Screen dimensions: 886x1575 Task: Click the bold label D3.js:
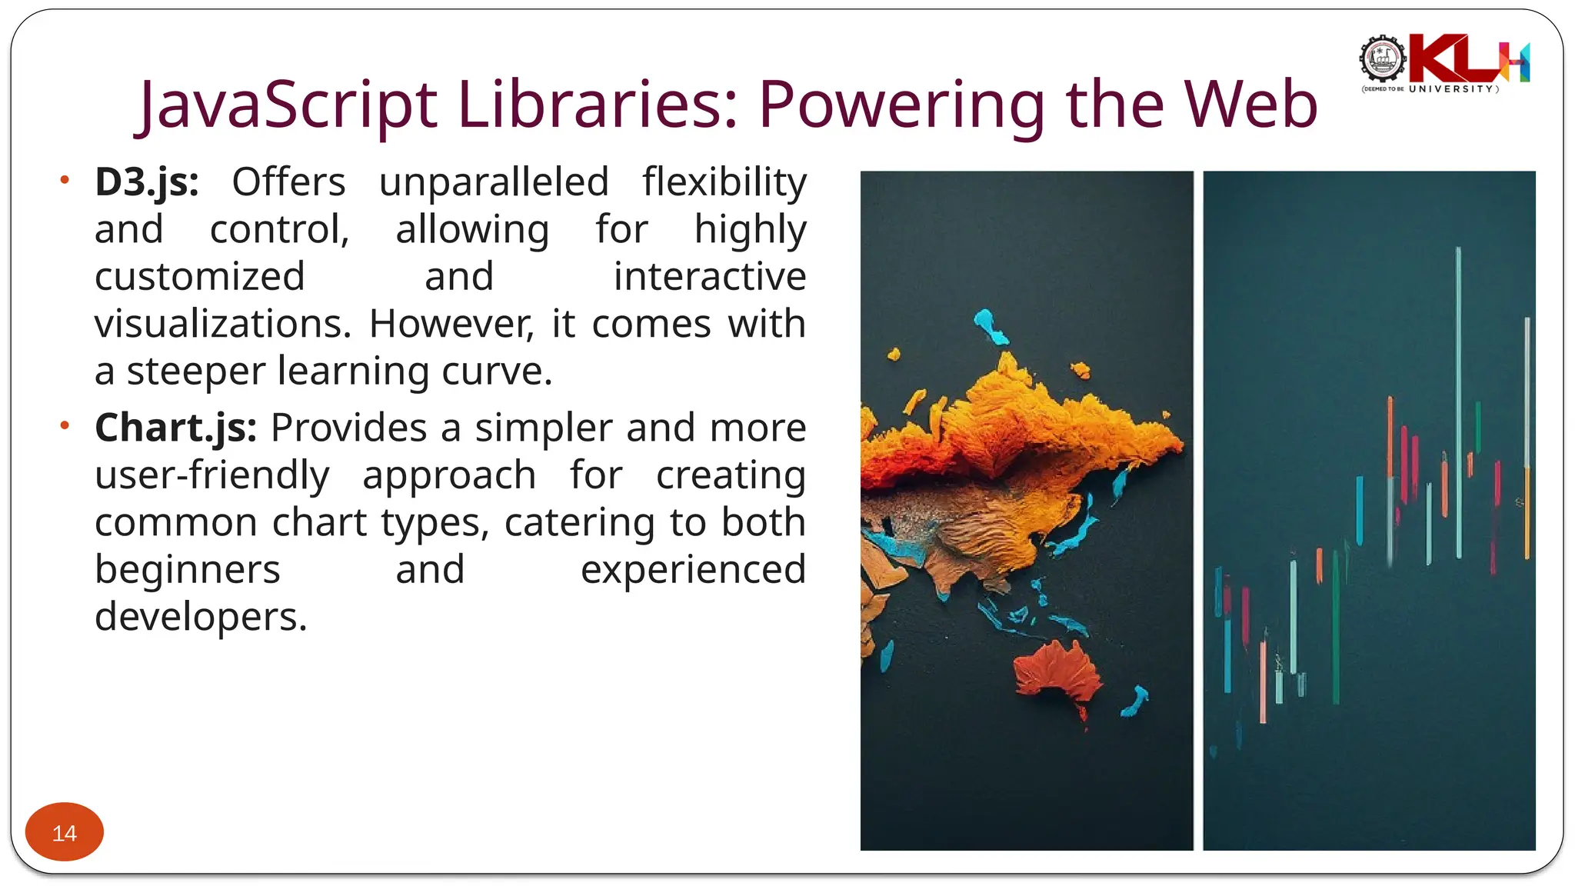point(146,183)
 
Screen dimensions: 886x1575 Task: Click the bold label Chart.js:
point(175,428)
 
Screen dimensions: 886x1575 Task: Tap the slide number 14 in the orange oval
point(65,833)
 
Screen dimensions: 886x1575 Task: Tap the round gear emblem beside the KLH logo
point(1382,58)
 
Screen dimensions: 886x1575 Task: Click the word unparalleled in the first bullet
point(494,183)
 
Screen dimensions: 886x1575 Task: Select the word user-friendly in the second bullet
point(211,475)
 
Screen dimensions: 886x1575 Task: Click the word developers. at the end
point(201,617)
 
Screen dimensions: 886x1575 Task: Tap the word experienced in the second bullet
point(693,570)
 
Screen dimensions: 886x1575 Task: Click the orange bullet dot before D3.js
point(65,180)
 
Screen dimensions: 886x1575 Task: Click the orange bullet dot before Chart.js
point(65,425)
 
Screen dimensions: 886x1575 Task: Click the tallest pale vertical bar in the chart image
point(1458,400)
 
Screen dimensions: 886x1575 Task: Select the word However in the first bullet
point(451,325)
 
